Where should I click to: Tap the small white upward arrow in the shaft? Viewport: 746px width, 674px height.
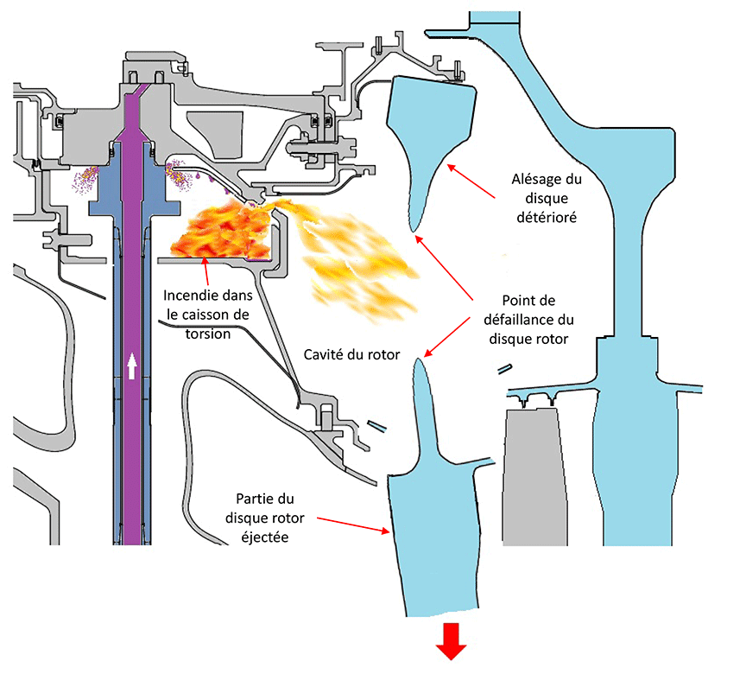(x=131, y=366)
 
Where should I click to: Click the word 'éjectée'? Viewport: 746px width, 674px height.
(x=262, y=535)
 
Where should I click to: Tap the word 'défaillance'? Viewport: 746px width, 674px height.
(x=528, y=321)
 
